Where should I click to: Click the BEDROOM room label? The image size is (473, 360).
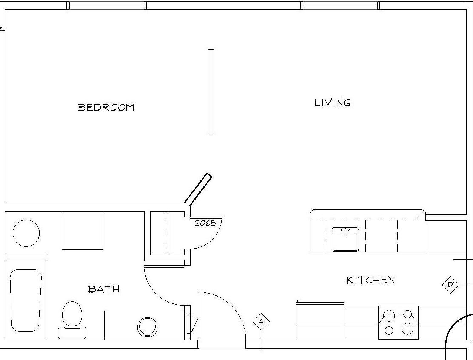106,107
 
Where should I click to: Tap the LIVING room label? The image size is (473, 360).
333,103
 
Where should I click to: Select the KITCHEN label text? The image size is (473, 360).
370,280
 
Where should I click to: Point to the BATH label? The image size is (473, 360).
104,289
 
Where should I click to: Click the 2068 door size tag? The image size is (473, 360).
205,223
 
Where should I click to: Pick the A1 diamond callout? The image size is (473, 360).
261,322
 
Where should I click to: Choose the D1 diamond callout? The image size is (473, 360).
451,284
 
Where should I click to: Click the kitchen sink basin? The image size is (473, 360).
345,239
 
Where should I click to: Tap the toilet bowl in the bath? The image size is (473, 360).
72,313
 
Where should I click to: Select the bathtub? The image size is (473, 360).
26,300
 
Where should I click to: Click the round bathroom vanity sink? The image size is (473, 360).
147,327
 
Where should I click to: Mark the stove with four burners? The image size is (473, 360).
398,322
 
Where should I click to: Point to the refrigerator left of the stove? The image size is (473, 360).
320,321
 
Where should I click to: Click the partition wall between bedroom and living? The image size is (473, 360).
211,91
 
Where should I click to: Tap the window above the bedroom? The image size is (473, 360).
106,6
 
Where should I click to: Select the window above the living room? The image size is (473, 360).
340,6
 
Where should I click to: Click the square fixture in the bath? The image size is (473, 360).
83,231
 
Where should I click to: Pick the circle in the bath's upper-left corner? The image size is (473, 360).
26,233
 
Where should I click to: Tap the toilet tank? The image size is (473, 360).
72,333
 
